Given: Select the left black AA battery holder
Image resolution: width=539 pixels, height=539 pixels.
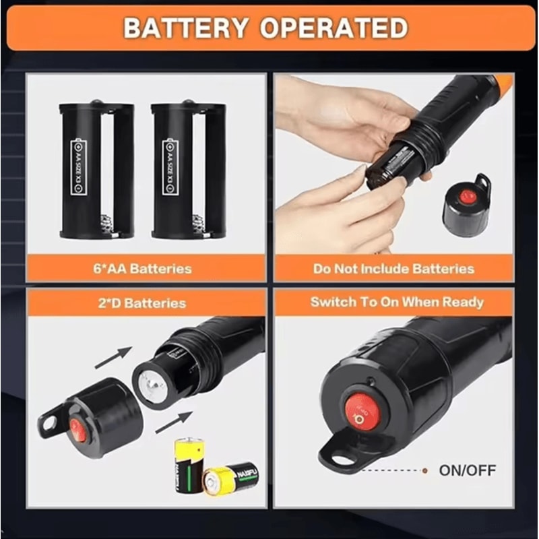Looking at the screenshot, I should point(96,169).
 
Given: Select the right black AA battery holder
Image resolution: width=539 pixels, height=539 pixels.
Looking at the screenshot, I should point(189,169).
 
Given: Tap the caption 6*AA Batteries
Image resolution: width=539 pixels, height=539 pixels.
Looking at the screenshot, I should point(143,269).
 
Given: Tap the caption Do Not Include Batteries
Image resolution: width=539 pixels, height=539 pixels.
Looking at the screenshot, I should point(393,269).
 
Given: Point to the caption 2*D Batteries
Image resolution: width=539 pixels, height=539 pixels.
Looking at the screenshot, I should point(143,303).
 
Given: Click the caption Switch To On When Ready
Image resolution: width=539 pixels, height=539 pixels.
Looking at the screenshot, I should point(396,302).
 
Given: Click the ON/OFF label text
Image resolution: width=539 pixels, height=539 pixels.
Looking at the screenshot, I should point(467,470).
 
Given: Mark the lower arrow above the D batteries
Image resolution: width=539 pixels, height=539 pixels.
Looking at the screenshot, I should point(173,422).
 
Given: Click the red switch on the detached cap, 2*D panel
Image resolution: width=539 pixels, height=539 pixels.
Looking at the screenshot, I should point(79,429).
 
